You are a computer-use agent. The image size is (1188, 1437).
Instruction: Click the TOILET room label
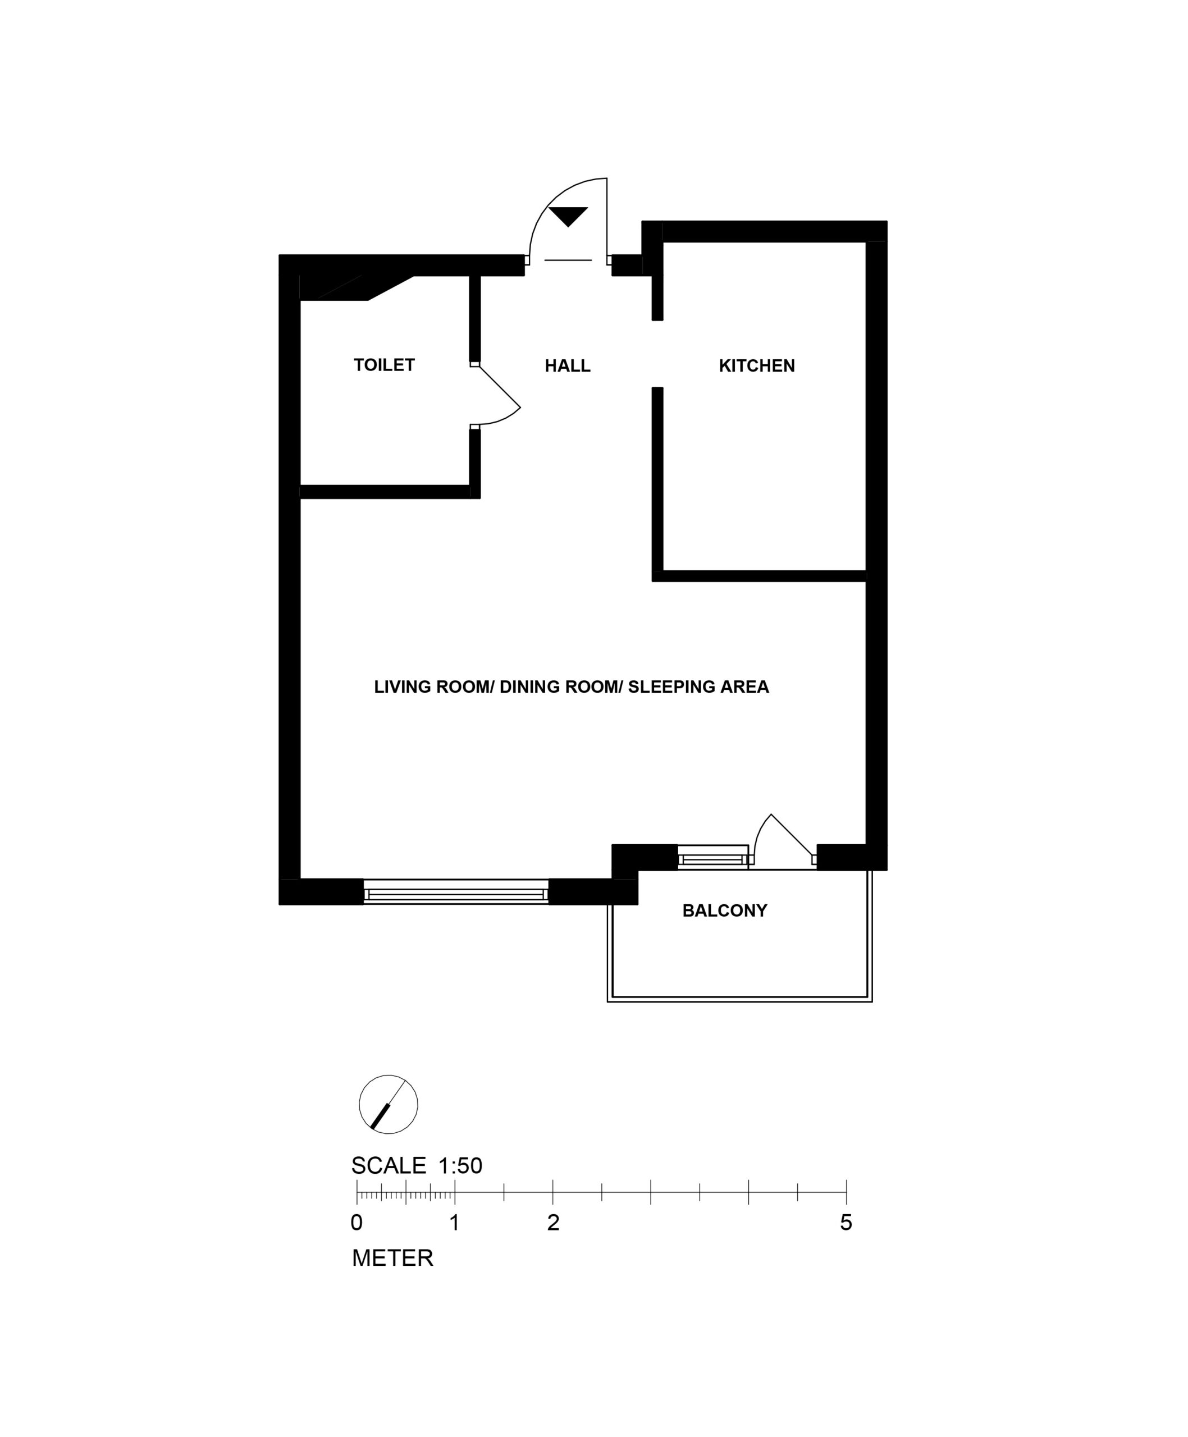(384, 365)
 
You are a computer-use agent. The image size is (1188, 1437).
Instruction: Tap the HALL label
(567, 366)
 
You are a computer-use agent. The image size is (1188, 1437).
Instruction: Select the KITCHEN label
(757, 366)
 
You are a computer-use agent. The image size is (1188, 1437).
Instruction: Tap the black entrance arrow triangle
(568, 216)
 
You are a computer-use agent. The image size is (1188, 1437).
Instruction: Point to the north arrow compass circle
(388, 1105)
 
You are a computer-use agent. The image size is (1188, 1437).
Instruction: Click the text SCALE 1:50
(417, 1165)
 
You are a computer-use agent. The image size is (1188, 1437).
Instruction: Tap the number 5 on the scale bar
(846, 1222)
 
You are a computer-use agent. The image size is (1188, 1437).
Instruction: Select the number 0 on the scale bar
(357, 1222)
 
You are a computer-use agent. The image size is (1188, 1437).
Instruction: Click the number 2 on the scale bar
(553, 1222)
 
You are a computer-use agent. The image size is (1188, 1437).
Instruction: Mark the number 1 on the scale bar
(454, 1222)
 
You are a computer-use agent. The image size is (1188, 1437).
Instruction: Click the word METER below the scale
(393, 1258)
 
